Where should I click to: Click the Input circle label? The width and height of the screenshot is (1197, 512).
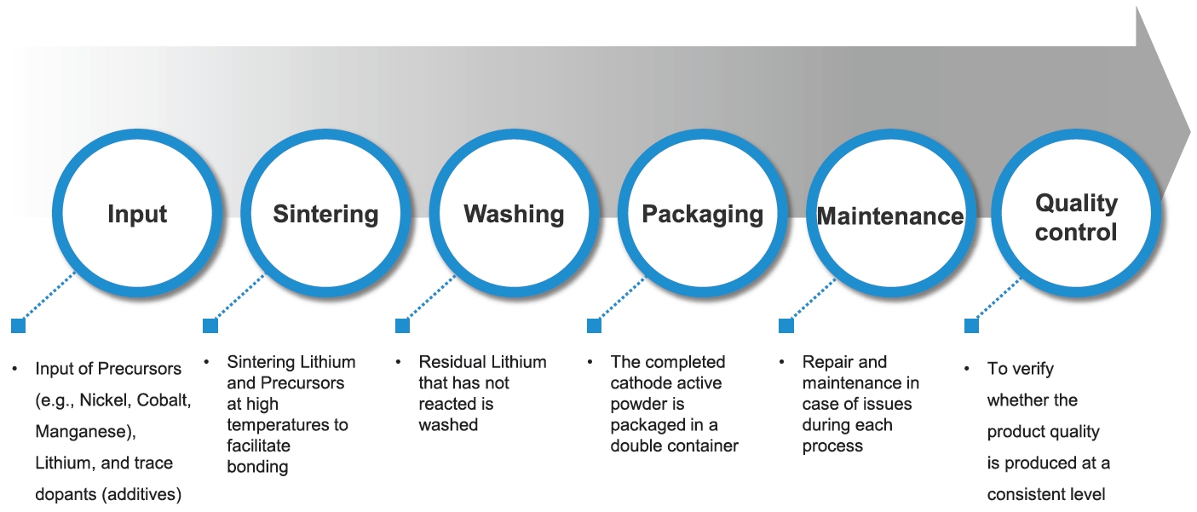(137, 214)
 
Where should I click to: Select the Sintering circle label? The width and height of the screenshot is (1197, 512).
(325, 214)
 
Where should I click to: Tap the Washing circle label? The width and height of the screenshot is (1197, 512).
(514, 214)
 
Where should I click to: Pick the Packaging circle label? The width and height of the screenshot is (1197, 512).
(703, 214)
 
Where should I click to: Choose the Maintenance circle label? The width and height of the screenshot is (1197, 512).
(890, 216)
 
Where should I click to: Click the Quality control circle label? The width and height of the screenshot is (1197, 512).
(1076, 217)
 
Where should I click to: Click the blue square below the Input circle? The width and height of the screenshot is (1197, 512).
(19, 325)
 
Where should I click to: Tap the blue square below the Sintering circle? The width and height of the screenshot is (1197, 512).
(210, 325)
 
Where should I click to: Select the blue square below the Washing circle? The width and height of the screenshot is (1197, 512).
(403, 325)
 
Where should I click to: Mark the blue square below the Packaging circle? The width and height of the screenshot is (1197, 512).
(595, 325)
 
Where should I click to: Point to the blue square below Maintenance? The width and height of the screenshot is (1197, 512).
(786, 325)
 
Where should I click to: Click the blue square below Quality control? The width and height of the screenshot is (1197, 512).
(971, 325)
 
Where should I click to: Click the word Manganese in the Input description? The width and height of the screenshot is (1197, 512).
(82, 432)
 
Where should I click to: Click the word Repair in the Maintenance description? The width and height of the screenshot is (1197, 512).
(826, 362)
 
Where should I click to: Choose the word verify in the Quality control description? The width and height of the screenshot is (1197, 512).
(1031, 369)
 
